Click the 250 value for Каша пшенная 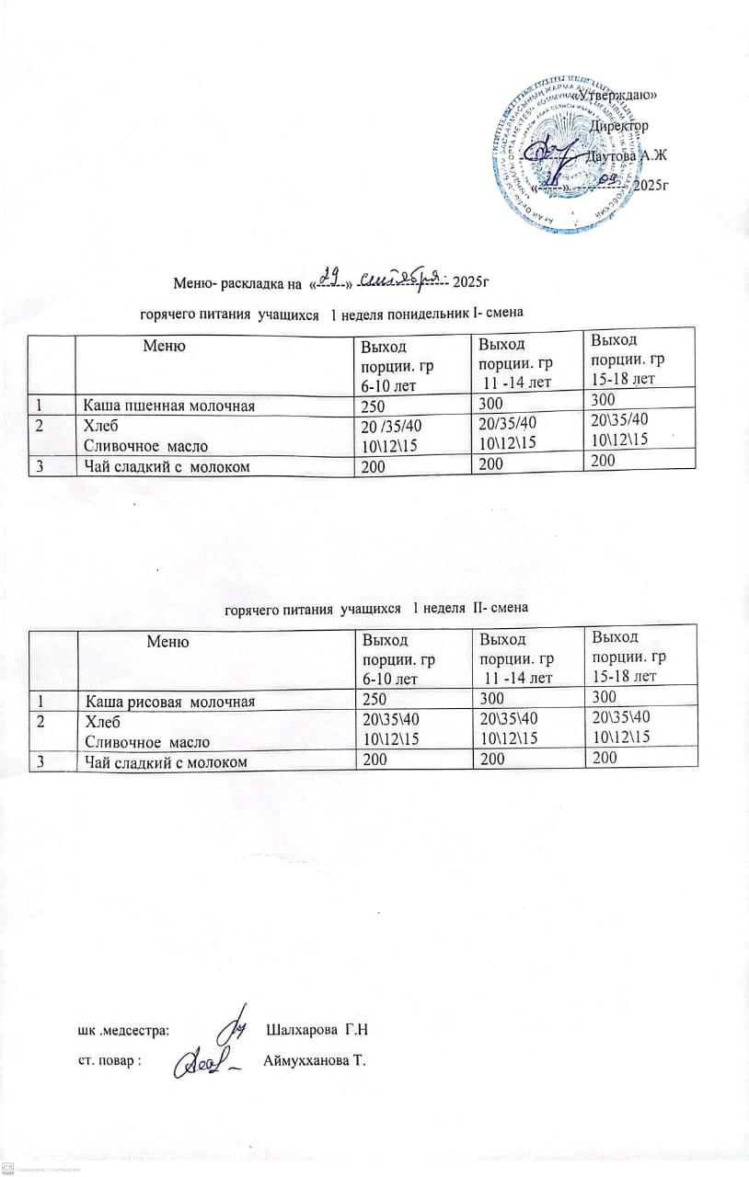[x=373, y=405]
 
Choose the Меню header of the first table [x=165, y=346]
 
